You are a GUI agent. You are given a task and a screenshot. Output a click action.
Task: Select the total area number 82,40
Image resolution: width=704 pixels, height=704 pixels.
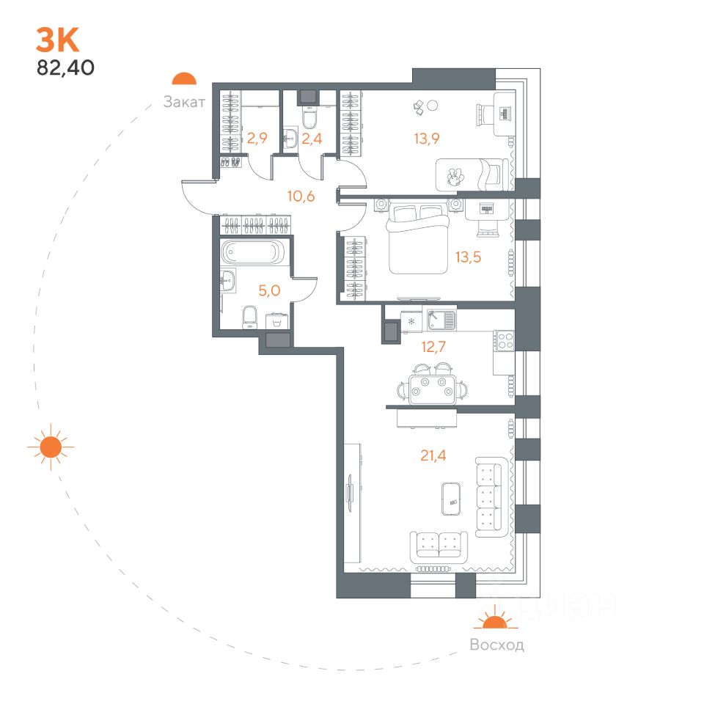click(65, 68)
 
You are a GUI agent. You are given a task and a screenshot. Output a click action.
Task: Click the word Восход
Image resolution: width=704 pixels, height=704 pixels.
click(497, 645)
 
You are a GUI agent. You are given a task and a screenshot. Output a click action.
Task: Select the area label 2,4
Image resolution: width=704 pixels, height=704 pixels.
click(314, 136)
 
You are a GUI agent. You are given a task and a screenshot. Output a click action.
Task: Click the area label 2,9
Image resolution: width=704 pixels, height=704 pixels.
click(256, 136)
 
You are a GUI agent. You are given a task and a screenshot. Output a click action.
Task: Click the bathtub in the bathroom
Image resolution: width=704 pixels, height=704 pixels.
click(251, 252)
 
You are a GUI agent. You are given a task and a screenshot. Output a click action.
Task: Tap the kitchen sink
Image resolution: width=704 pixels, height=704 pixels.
click(441, 320)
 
